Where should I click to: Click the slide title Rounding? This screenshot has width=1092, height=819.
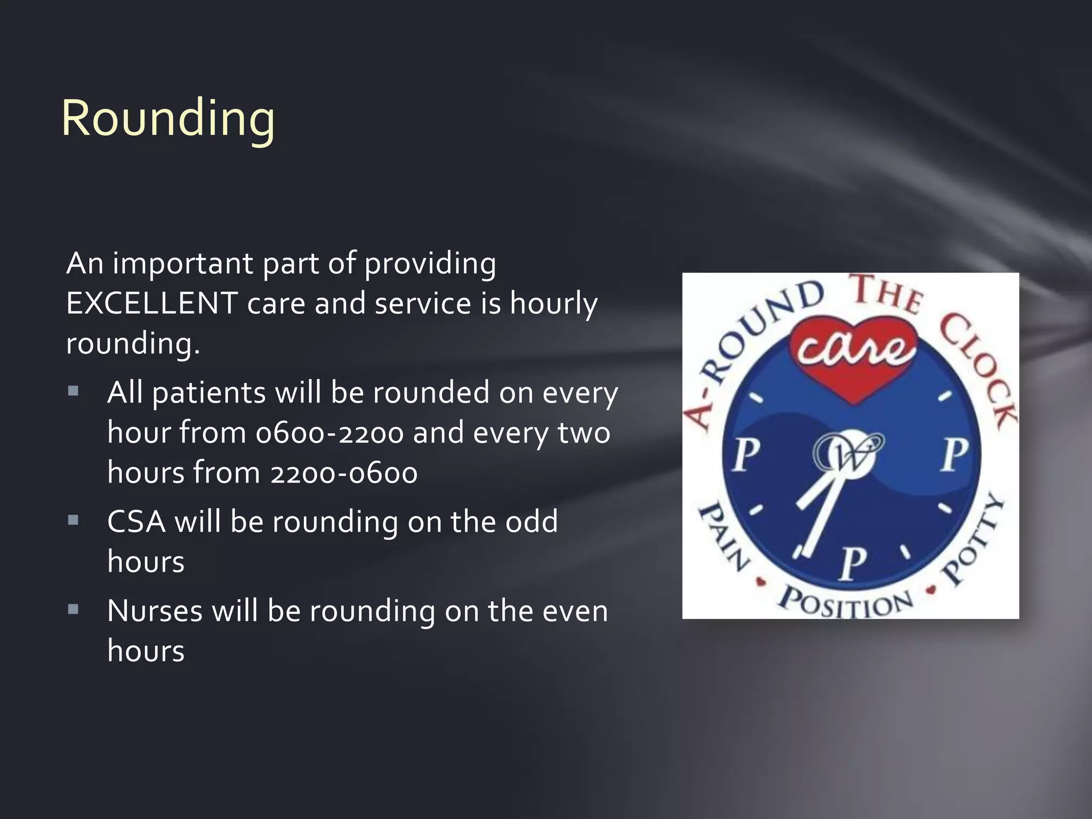pos(168,118)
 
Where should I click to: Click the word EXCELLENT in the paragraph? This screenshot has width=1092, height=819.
pos(151,303)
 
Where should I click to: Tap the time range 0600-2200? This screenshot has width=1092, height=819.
pos(330,433)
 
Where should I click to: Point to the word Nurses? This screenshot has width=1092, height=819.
pos(155,611)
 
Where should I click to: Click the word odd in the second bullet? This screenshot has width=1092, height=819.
pos(531,521)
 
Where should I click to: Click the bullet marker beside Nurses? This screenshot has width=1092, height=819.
pos(74,609)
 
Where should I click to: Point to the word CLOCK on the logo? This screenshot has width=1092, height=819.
pos(977,368)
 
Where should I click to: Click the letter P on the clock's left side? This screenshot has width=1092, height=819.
pos(745,456)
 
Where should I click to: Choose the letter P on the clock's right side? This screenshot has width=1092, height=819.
pos(954,456)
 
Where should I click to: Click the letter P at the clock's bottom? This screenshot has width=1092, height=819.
pos(853,564)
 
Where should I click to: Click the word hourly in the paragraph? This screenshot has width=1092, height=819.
pos(553,303)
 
